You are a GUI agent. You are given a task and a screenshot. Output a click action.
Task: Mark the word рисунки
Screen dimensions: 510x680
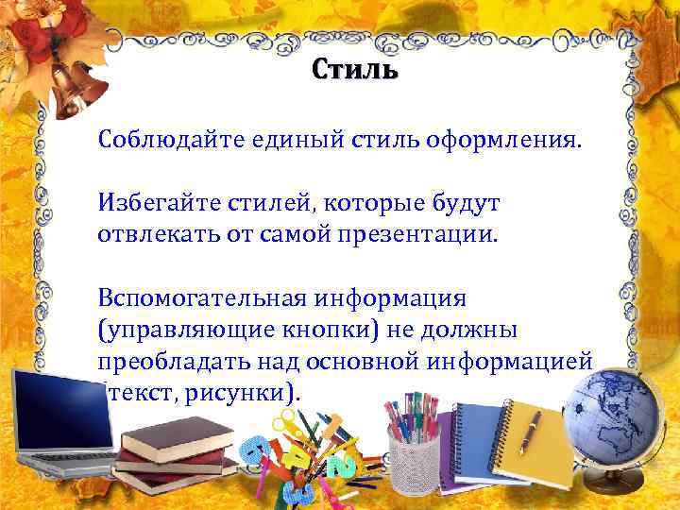pos(242,390)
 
